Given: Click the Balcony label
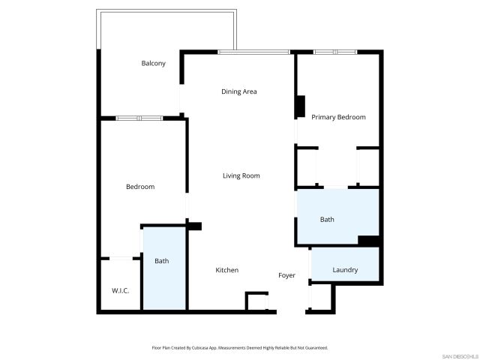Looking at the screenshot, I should tap(153, 63).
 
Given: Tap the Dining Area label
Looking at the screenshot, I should tap(239, 91).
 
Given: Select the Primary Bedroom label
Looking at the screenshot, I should tap(338, 117).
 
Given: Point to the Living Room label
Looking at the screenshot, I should tap(241, 175).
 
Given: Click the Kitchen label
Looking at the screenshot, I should tap(226, 270).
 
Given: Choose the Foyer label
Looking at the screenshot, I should tap(286, 275).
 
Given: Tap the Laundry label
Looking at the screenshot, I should tap(345, 270).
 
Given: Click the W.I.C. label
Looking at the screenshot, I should tap(121, 290).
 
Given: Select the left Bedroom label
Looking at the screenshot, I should tap(139, 187).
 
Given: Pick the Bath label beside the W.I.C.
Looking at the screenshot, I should tap(161, 261).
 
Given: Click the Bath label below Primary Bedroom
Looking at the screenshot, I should tap(327, 220).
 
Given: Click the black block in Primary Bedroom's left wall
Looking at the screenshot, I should tap(300, 106).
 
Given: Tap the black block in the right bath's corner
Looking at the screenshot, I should tap(368, 241).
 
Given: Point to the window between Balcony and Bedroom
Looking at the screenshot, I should tap(139, 118).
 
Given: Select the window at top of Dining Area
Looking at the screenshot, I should tap(253, 52).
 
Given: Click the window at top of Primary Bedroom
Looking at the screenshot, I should tap(335, 52).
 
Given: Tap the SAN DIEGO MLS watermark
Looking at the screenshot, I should tap(459, 355).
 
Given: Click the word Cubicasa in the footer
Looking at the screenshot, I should tap(198, 348).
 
